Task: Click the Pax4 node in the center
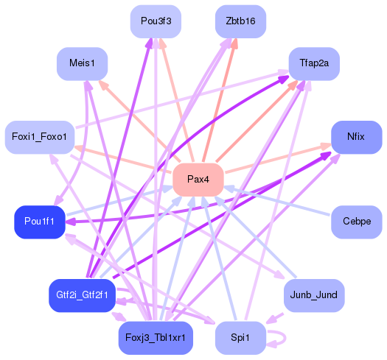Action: (198, 180)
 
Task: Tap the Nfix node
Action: (356, 138)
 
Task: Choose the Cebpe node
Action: (356, 222)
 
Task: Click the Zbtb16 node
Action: (240, 22)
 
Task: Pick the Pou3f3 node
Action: (156, 22)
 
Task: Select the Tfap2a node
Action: (314, 64)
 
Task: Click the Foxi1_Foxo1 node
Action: (40, 138)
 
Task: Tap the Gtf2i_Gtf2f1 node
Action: (83, 295)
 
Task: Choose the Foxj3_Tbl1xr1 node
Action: (156, 337)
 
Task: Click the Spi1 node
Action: (240, 337)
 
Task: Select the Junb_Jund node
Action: (314, 295)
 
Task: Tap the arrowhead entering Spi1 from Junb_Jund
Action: (271, 321)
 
